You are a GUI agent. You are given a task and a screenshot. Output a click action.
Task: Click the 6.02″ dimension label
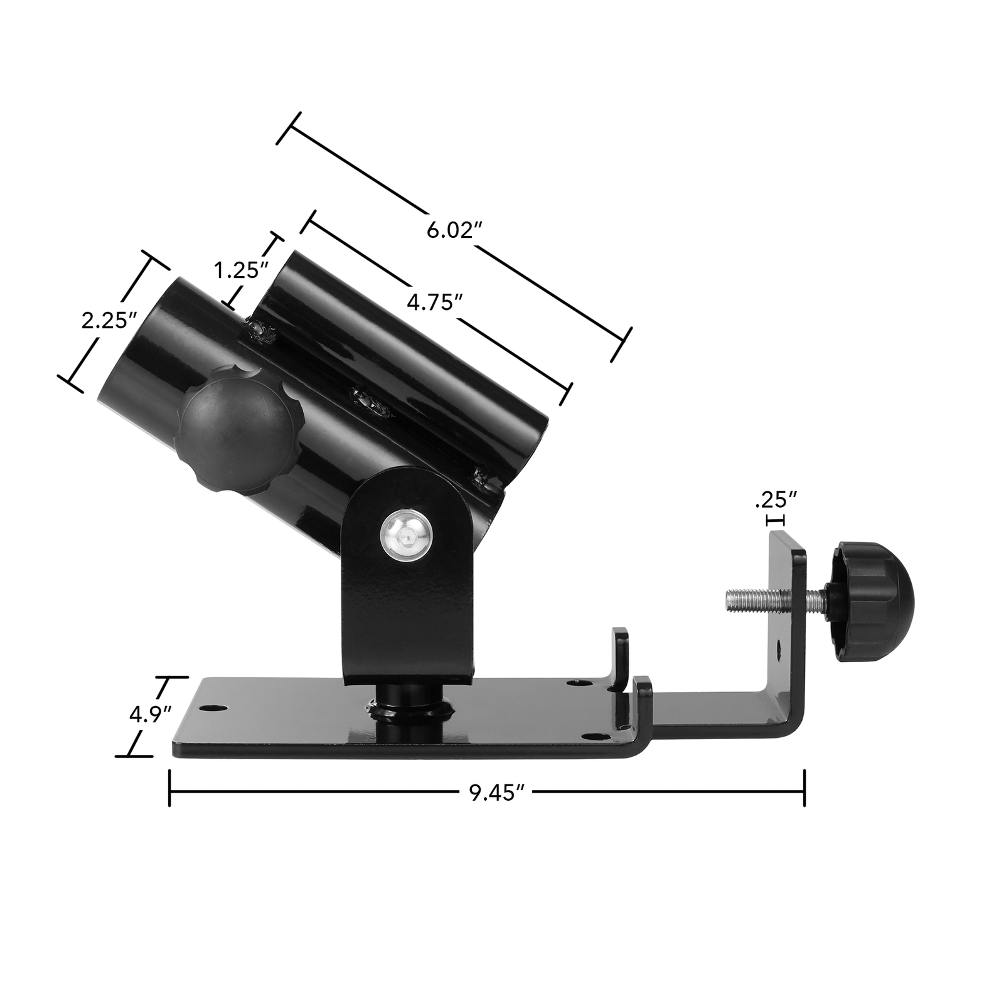[449, 230]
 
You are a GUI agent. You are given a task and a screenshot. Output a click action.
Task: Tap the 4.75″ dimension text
[430, 302]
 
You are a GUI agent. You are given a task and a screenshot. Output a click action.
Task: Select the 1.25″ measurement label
[242, 271]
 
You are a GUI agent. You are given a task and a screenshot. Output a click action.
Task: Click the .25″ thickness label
[776, 501]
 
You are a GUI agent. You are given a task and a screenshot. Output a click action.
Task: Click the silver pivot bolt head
[407, 535]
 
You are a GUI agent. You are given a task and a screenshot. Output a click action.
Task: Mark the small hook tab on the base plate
[620, 659]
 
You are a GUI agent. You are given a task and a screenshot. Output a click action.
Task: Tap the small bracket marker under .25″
[776, 520]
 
